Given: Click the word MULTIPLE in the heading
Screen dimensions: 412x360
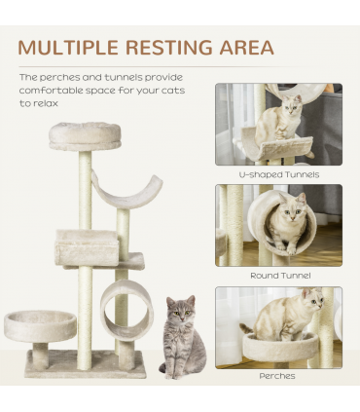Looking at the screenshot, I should pyautogui.click(x=66, y=47).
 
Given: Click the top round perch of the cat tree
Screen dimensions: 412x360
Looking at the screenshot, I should pyautogui.click(x=85, y=135).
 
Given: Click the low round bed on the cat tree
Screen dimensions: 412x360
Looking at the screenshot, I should pyautogui.click(x=40, y=325).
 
